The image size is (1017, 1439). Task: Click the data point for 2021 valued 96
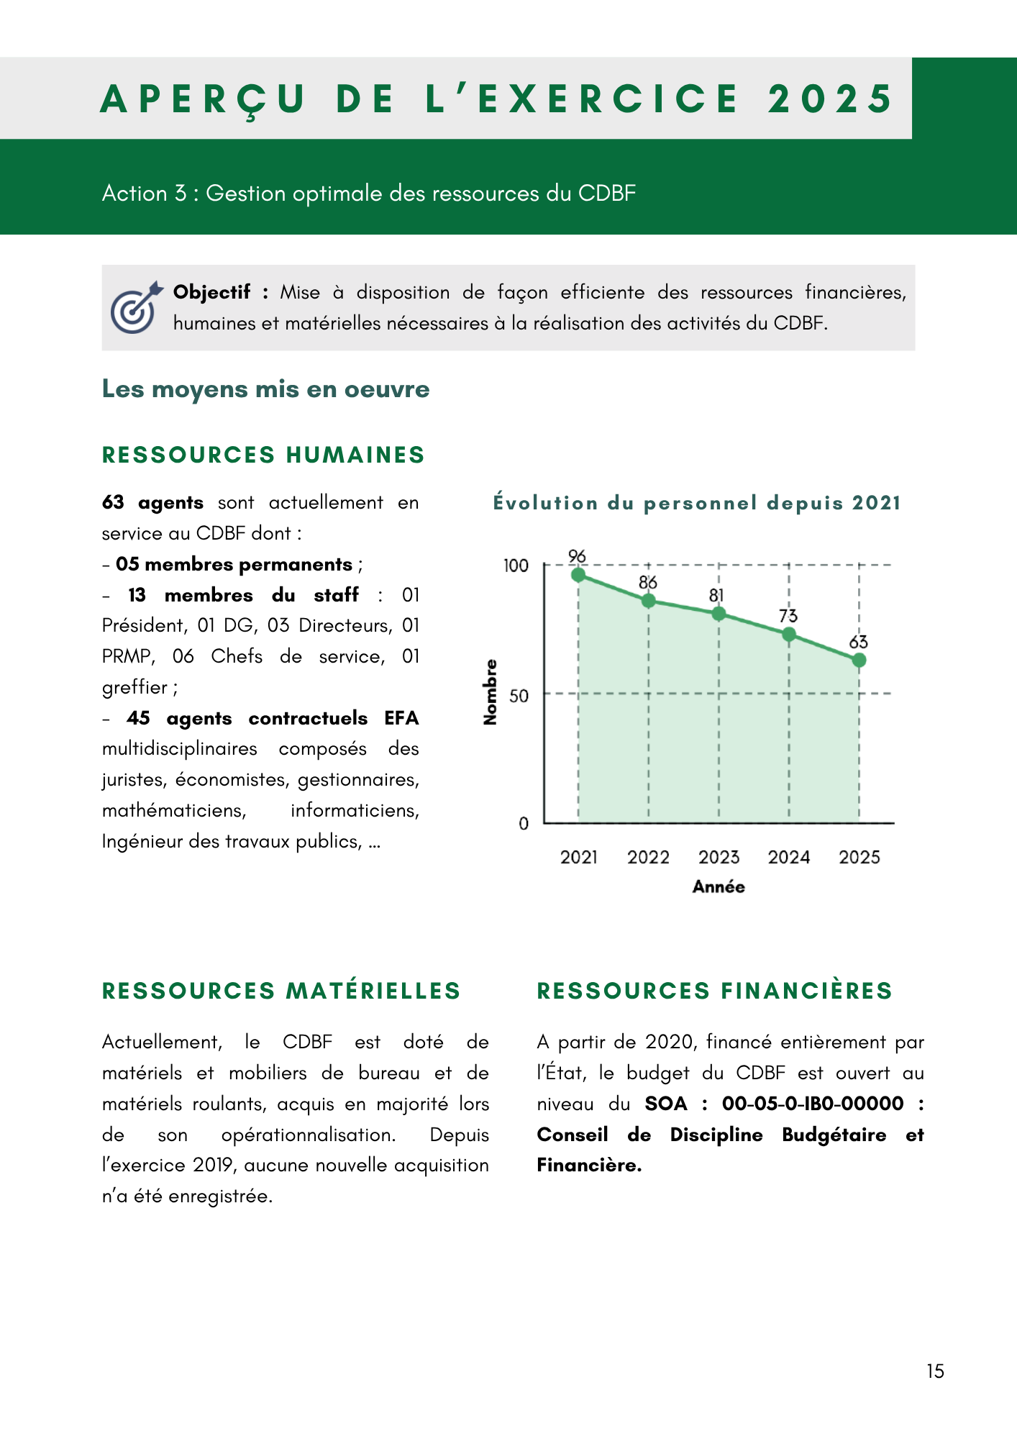pyautogui.click(x=578, y=575)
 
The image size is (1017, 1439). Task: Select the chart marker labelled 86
pyautogui.click(x=649, y=601)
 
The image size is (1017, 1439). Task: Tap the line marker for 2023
pyautogui.click(x=719, y=614)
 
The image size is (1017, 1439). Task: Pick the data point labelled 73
pyautogui.click(x=789, y=635)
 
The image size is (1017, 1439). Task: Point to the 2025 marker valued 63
pyautogui.click(x=859, y=661)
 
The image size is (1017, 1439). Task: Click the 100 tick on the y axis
pyautogui.click(x=516, y=566)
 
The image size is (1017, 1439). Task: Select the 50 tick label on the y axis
pyautogui.click(x=519, y=696)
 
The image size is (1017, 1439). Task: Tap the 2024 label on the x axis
pyautogui.click(x=789, y=857)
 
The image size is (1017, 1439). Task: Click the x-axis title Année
pyautogui.click(x=719, y=887)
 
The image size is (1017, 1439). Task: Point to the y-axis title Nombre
pyautogui.click(x=491, y=692)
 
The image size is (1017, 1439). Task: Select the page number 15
pyautogui.click(x=935, y=1371)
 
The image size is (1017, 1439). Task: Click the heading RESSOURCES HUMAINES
pyautogui.click(x=263, y=455)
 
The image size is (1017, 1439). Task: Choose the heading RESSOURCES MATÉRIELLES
pyautogui.click(x=281, y=991)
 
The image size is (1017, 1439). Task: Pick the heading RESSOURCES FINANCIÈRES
pyautogui.click(x=714, y=991)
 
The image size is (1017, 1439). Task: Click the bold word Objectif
pyautogui.click(x=211, y=292)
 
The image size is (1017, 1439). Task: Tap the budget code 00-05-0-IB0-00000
pyautogui.click(x=813, y=1104)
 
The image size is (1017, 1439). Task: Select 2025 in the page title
pyautogui.click(x=831, y=99)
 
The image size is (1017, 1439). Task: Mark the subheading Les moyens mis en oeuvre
pyautogui.click(x=265, y=389)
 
